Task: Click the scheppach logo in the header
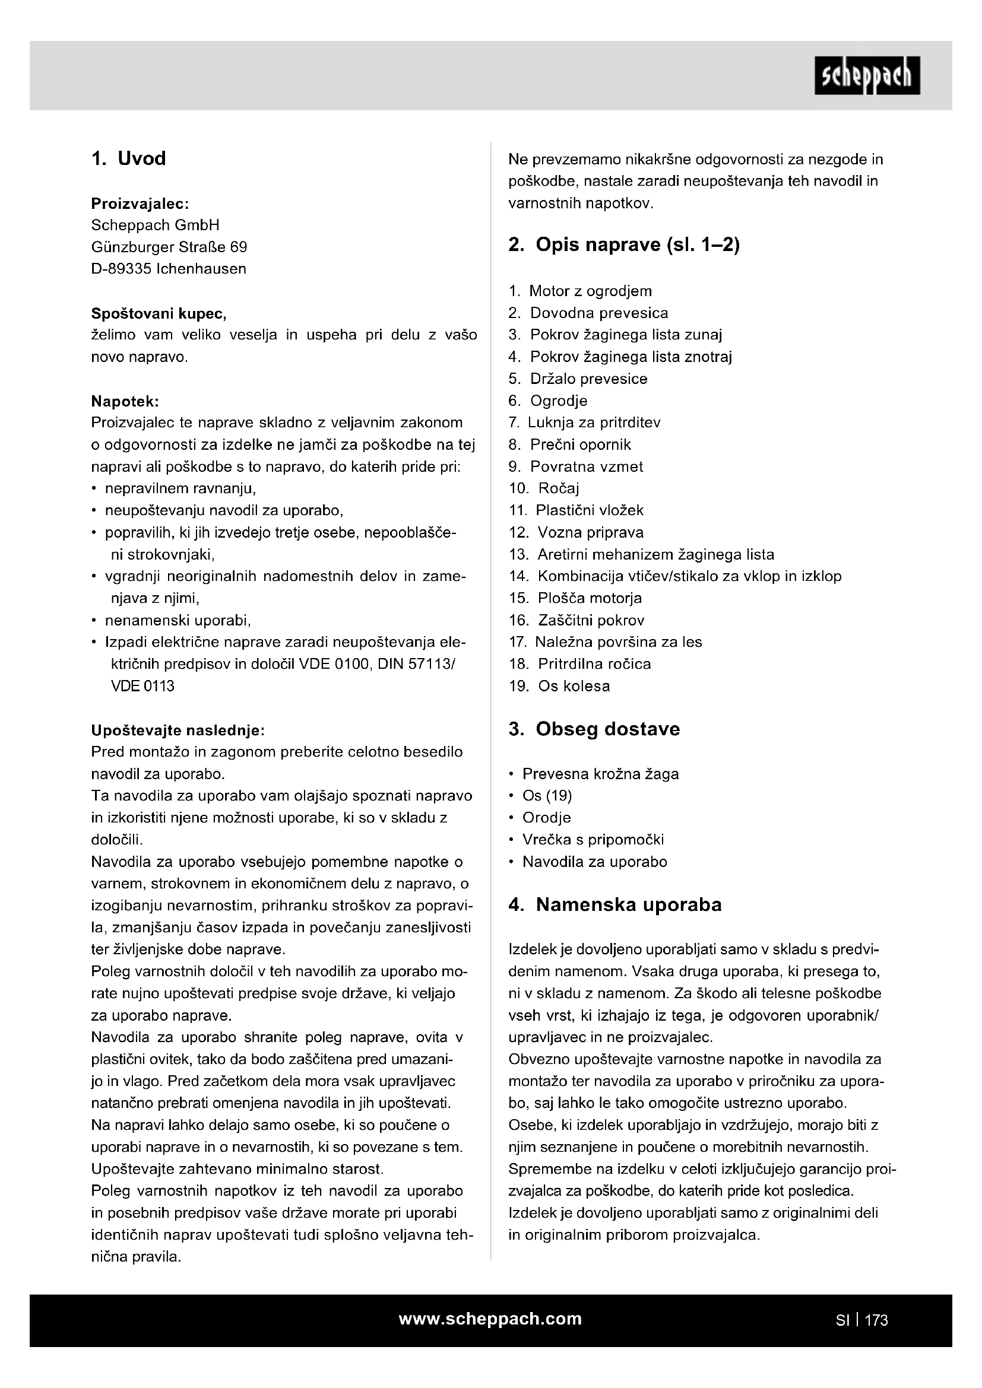click(x=866, y=75)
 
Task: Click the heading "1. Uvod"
click(x=128, y=158)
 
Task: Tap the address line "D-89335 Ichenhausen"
click(x=169, y=269)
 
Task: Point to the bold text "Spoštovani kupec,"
click(x=159, y=313)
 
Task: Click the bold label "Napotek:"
click(x=125, y=401)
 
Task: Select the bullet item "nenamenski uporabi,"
click(x=178, y=620)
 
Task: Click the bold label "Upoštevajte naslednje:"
click(x=178, y=730)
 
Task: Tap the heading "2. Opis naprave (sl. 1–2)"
click(x=624, y=245)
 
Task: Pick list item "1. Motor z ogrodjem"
click(x=581, y=291)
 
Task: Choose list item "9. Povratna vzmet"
click(x=576, y=466)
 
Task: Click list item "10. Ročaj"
click(x=544, y=488)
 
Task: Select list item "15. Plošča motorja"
click(x=576, y=598)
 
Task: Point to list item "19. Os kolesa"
click(x=559, y=685)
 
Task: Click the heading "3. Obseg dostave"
click(x=594, y=729)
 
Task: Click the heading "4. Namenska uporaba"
click(x=615, y=905)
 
